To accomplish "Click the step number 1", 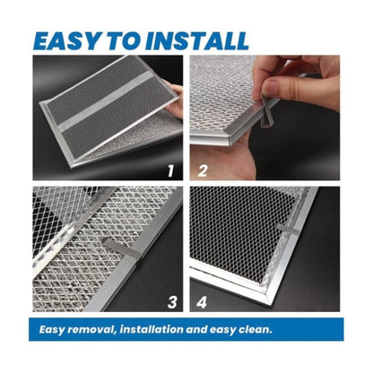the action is pos(170,171).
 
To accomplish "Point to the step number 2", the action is pos(203,171).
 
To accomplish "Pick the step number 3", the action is pos(172,302).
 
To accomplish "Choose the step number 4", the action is pos(202,302).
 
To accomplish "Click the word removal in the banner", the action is pos(91,329).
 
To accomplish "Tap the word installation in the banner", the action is pos(152,329).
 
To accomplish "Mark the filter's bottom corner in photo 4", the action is pos(271,304).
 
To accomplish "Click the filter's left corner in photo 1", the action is pos(42,104).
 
